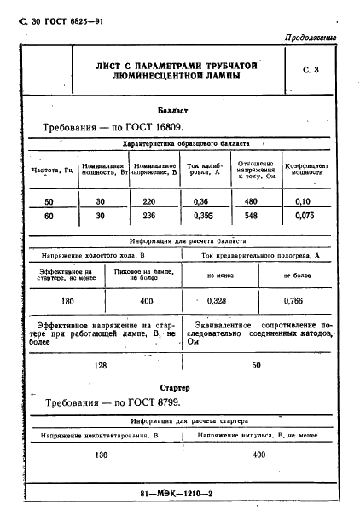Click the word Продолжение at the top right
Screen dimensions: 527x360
coord(308,38)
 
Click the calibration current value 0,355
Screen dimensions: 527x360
coord(203,217)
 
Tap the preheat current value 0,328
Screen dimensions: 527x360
coord(220,301)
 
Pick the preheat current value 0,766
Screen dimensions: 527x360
coord(295,301)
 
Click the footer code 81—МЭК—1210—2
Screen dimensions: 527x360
coord(180,494)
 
